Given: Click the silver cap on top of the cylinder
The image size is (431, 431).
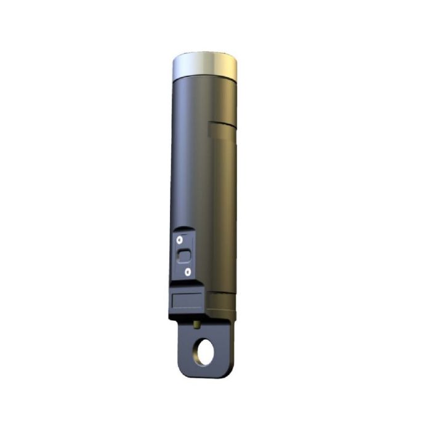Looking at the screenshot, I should point(205,64).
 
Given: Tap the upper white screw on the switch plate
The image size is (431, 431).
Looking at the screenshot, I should point(179,239).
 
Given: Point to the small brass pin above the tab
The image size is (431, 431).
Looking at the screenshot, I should point(196,321).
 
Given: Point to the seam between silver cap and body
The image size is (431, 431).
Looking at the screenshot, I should point(205,77).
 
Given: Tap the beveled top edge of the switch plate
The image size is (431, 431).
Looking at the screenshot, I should point(183,229).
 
